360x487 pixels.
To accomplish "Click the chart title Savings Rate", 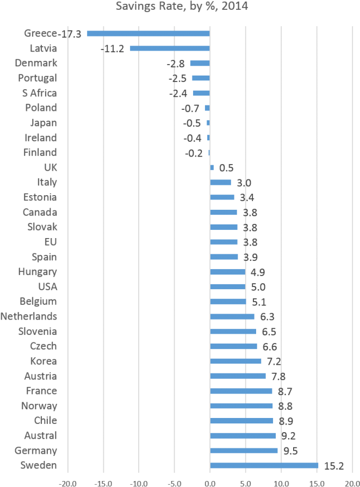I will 179,7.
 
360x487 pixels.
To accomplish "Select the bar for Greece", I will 148,33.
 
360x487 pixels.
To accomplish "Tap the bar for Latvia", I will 170,48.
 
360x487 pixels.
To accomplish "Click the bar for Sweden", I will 264,465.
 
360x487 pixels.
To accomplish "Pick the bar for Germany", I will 244,450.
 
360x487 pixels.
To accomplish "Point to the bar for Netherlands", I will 232,316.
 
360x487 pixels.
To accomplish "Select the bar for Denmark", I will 200,63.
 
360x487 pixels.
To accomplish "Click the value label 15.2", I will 334,465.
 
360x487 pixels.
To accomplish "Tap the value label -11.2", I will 113,48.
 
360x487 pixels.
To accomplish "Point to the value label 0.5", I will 226,167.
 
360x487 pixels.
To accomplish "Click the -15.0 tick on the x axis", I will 103,482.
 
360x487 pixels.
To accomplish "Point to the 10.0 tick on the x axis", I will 281,482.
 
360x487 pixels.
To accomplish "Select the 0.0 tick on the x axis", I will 210,482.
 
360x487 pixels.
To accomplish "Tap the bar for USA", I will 227,286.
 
